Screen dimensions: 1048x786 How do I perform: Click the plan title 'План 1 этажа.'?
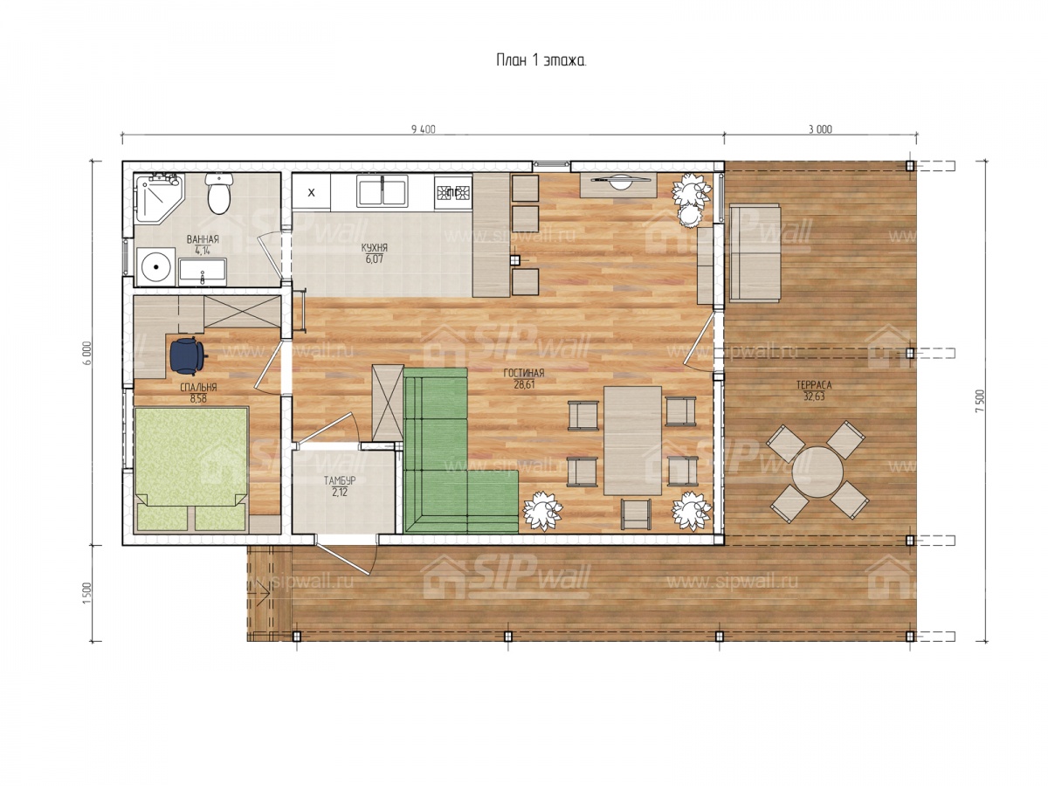[x=541, y=60]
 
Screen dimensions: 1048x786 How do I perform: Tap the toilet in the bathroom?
[x=219, y=193]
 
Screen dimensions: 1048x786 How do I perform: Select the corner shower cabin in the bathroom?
[x=158, y=198]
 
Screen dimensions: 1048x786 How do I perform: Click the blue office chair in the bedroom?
[x=188, y=355]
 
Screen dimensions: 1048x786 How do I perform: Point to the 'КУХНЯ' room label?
[x=375, y=248]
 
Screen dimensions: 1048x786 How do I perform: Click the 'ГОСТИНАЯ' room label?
[x=524, y=373]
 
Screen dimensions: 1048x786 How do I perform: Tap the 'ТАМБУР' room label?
[x=340, y=480]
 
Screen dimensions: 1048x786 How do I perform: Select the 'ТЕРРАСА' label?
[x=814, y=384]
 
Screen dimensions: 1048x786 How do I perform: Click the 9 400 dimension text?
[x=424, y=129]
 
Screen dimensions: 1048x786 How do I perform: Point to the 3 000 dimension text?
[x=820, y=129]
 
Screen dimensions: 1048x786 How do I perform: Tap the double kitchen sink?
[x=382, y=191]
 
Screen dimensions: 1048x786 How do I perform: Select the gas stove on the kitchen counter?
[x=453, y=192]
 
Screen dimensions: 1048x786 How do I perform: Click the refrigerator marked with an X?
[x=311, y=192]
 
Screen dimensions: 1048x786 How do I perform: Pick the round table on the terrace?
[x=817, y=472]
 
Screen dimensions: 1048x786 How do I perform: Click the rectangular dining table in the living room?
[x=632, y=440]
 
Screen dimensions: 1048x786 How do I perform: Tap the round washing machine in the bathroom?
[x=155, y=266]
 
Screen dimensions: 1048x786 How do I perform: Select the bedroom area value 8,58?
[x=198, y=398]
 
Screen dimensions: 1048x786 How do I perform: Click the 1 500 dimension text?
[x=86, y=593]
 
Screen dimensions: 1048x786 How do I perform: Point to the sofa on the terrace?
[x=755, y=253]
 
